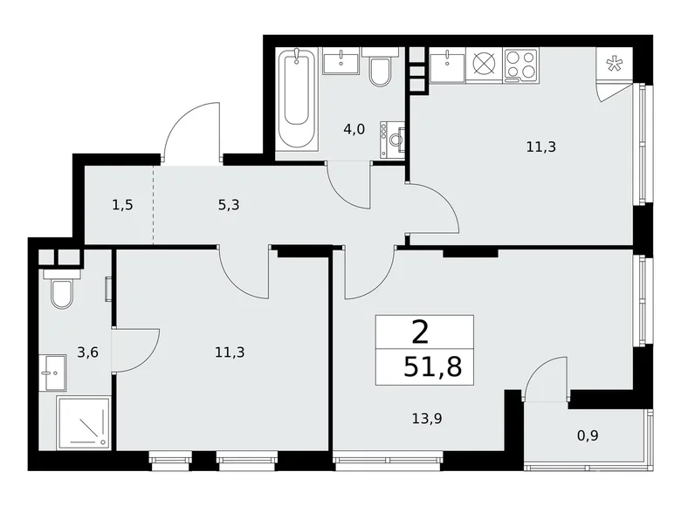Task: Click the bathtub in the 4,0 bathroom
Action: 297,99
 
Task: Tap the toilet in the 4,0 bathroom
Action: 380,72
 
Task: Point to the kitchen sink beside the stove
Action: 449,64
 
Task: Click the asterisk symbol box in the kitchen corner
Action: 613,64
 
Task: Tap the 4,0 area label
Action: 354,129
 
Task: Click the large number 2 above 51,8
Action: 420,332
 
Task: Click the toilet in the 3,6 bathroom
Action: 62,293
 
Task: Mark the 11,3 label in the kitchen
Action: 540,147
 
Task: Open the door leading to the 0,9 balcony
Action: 546,381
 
